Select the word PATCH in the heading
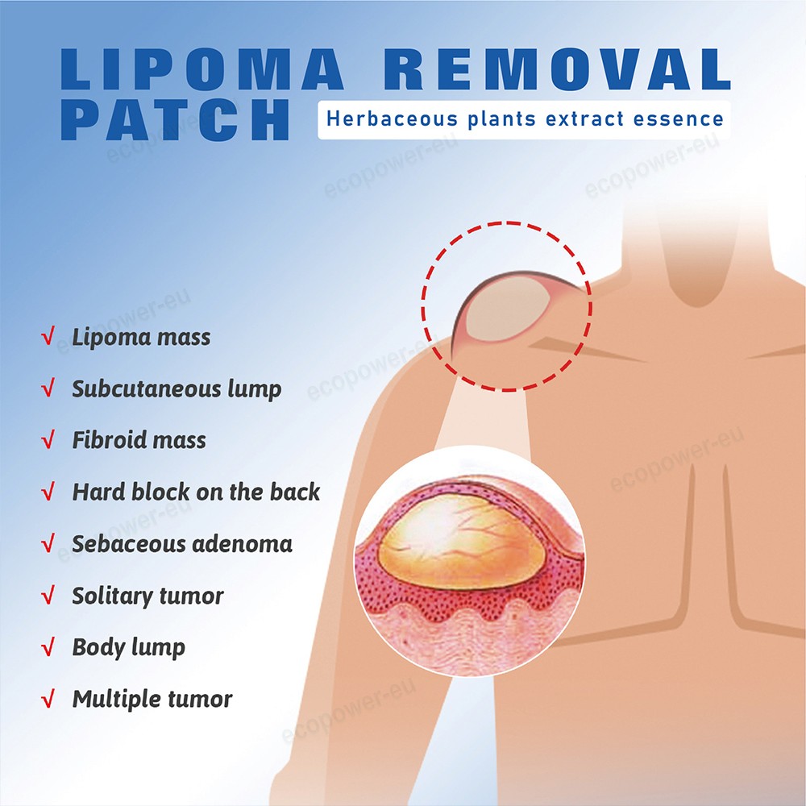tap(175, 120)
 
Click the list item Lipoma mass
tap(141, 337)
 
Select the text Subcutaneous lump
tap(177, 388)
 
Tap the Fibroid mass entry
tap(139, 440)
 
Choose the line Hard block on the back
tap(196, 492)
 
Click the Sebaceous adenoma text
tap(182, 543)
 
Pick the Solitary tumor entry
tap(147, 596)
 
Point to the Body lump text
tap(128, 647)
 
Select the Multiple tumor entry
tap(152, 699)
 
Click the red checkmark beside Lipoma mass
tap(48, 337)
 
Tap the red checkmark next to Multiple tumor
tap(48, 699)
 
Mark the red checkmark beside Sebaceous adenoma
tap(48, 543)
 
